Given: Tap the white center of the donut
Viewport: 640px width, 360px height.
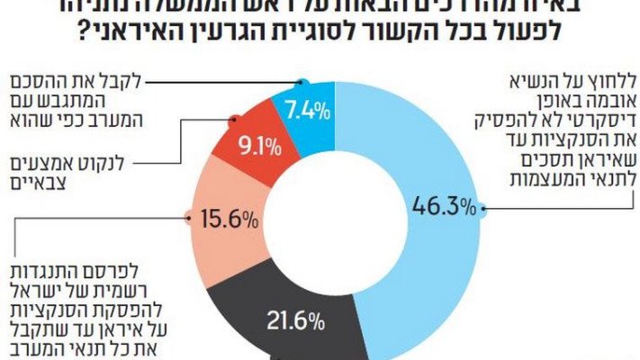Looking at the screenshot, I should pyautogui.click(x=335, y=216).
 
